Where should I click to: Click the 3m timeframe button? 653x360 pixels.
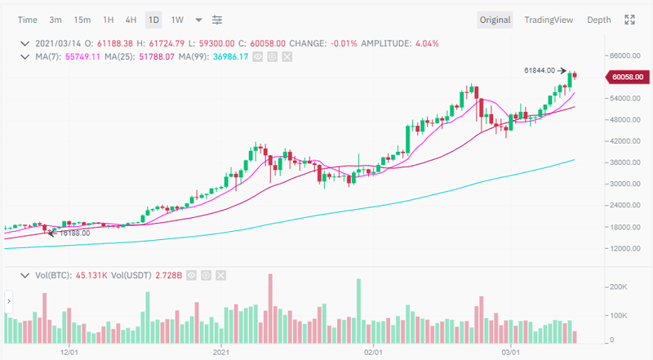point(56,20)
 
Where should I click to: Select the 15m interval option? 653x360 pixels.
point(82,20)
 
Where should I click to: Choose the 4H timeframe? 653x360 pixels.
point(131,20)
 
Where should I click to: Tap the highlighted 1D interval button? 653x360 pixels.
point(153,20)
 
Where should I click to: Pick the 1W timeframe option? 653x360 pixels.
point(177,20)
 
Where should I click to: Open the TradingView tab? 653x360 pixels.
point(549,20)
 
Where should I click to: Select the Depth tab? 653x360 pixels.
point(599,20)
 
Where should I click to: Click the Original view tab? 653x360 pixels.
point(495,20)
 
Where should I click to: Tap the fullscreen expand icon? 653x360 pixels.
point(629,20)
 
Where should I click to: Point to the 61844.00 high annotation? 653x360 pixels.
point(540,70)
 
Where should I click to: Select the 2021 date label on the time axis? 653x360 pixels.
point(221,352)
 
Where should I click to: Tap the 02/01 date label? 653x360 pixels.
point(373,352)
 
